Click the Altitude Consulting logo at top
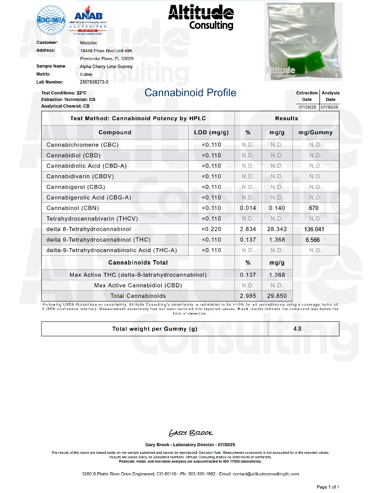coord(201,17)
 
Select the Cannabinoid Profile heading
coord(190,93)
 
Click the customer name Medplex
coord(88,42)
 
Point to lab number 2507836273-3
coord(94,82)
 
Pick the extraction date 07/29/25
coord(307,107)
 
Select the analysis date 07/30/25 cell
coord(331,107)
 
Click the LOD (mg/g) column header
coord(211,132)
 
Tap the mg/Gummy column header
coord(316,132)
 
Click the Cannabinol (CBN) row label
coord(72,208)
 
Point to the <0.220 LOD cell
coord(211,229)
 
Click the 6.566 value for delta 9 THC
coord(313,240)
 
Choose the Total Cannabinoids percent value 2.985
coord(248,296)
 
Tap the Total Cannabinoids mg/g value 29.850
coord(277,296)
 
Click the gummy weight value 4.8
coord(297,329)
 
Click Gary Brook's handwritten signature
coord(191,433)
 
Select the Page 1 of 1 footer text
coord(328,487)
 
